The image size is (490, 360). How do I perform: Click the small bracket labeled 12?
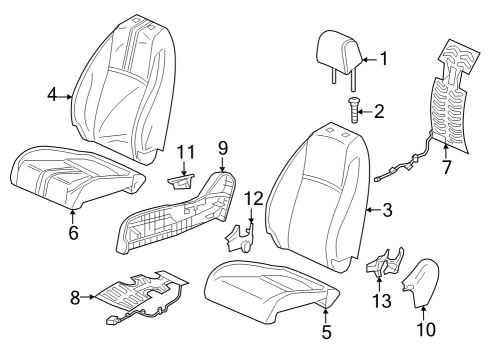242,238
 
